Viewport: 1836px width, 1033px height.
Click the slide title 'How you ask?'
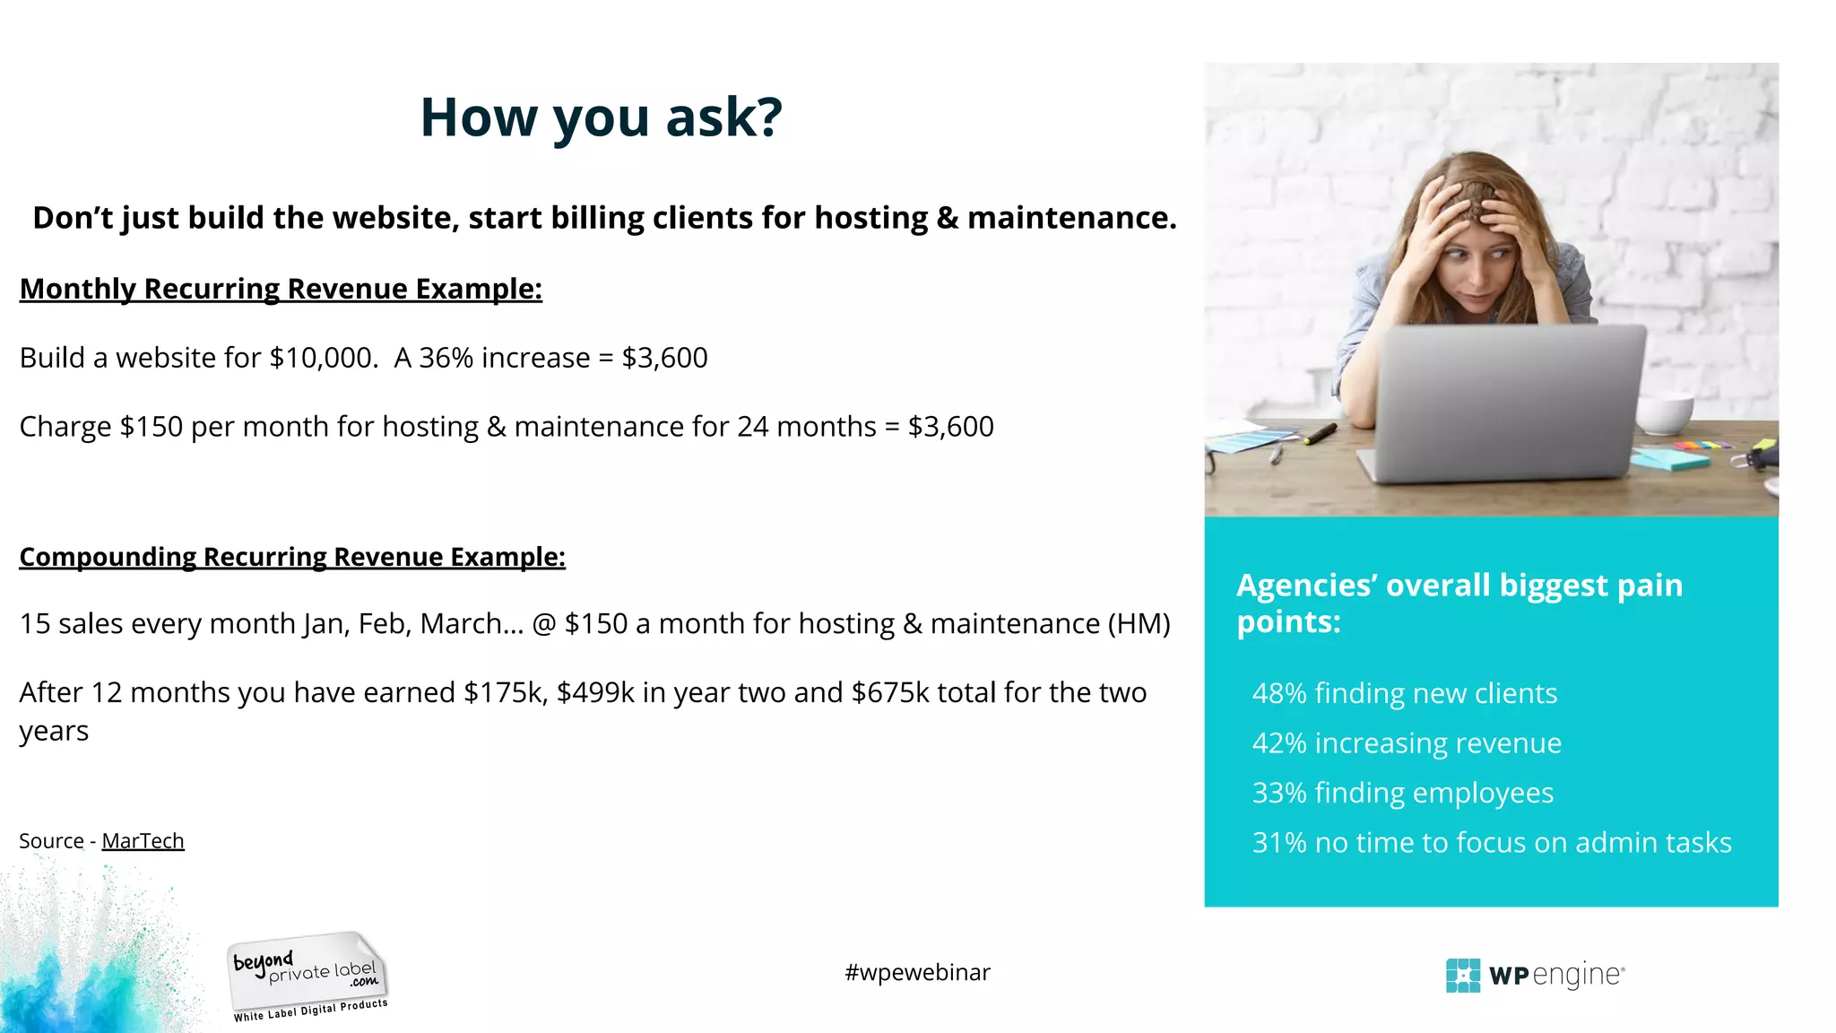pos(601,117)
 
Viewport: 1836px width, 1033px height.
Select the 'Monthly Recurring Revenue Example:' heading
pos(281,289)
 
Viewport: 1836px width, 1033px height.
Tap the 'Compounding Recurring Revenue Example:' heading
pos(292,557)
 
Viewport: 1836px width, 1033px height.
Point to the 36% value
pos(446,358)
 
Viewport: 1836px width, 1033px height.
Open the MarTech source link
pos(143,841)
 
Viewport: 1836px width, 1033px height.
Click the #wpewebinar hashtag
pos(917,973)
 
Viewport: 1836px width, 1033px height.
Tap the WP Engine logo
pos(1535,975)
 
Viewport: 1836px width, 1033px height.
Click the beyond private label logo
pos(307,976)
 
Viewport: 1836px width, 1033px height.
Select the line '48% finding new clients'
pos(1404,693)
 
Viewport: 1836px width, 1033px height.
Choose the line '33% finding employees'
pos(1402,793)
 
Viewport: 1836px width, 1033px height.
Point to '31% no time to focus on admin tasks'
pos(1491,843)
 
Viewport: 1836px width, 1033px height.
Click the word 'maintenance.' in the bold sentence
pos(1071,218)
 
